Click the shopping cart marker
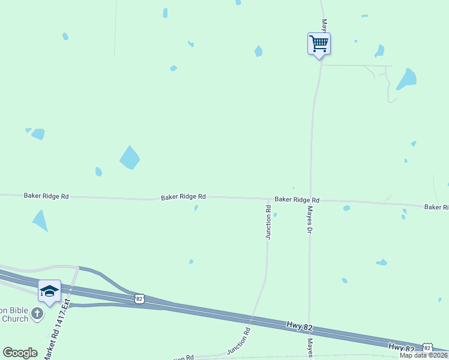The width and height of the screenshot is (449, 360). point(319,43)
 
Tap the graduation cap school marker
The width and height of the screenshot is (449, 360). point(49,291)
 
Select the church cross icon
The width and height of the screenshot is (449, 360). point(37,313)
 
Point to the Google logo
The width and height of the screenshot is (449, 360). point(20,353)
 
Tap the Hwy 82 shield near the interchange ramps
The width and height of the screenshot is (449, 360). point(139,298)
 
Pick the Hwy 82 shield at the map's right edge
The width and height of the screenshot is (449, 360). point(427,348)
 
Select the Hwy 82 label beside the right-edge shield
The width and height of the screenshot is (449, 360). point(402,347)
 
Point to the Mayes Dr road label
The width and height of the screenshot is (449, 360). point(310,220)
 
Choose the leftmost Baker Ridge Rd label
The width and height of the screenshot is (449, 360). point(46,196)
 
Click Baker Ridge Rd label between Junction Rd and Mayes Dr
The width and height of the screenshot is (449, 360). point(297,200)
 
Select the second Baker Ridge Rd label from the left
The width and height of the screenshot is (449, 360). point(183,197)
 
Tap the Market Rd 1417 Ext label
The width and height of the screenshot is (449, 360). point(57,330)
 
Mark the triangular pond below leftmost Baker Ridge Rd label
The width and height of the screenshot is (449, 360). point(40,220)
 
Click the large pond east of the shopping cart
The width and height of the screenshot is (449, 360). point(408,79)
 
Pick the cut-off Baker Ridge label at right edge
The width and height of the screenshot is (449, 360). point(436,207)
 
